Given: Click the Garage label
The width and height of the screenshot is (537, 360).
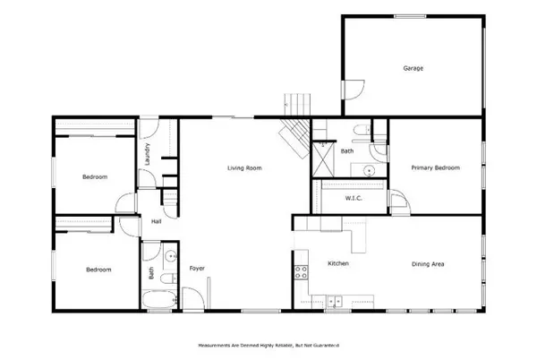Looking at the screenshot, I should (x=413, y=68).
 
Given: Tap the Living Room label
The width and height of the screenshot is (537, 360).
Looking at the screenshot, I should (x=243, y=167).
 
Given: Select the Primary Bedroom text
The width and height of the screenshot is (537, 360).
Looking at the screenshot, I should (x=435, y=167).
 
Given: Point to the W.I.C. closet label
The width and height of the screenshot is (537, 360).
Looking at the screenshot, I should (x=353, y=198).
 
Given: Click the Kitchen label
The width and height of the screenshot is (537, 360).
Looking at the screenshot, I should (x=337, y=264).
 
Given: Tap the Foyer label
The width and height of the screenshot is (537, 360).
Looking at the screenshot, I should (x=197, y=268).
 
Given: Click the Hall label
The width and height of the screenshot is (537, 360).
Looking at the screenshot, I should (x=157, y=221).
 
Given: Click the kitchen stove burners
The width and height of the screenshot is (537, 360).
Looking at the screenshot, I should (x=298, y=271).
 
